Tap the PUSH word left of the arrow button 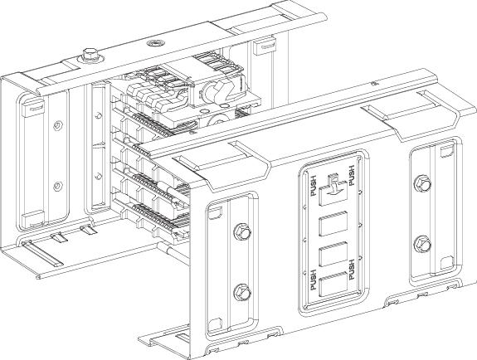point(314,186)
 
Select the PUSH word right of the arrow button point(352,176)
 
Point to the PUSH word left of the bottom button point(314,280)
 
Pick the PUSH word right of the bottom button point(352,270)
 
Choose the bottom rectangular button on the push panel point(333,284)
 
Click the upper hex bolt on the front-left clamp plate point(242,233)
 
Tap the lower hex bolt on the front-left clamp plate point(242,293)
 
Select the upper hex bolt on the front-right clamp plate point(422,183)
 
